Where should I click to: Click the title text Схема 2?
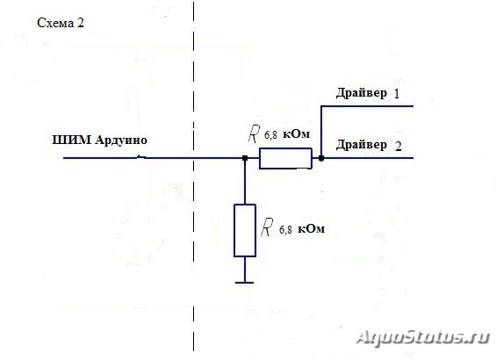point(61,23)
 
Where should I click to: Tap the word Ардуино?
point(121,140)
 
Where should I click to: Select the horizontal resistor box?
point(285,158)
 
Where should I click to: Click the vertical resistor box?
point(245,230)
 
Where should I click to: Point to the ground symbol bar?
point(245,283)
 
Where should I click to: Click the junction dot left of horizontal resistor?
point(245,158)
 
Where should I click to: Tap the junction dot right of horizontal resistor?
point(321,158)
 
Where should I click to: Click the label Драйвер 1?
point(368,93)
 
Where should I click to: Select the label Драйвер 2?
point(369,145)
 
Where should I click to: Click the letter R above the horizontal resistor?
point(254,133)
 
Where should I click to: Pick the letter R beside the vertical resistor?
point(267,227)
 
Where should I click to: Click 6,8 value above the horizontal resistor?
point(270,135)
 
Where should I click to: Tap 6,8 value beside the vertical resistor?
point(285,230)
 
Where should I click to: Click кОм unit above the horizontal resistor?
point(296,134)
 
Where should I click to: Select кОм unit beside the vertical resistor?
point(312,228)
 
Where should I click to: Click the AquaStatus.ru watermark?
point(424,337)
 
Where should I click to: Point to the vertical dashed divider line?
point(194,176)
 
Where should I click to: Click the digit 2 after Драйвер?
point(399,146)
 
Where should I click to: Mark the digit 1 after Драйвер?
point(397,94)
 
